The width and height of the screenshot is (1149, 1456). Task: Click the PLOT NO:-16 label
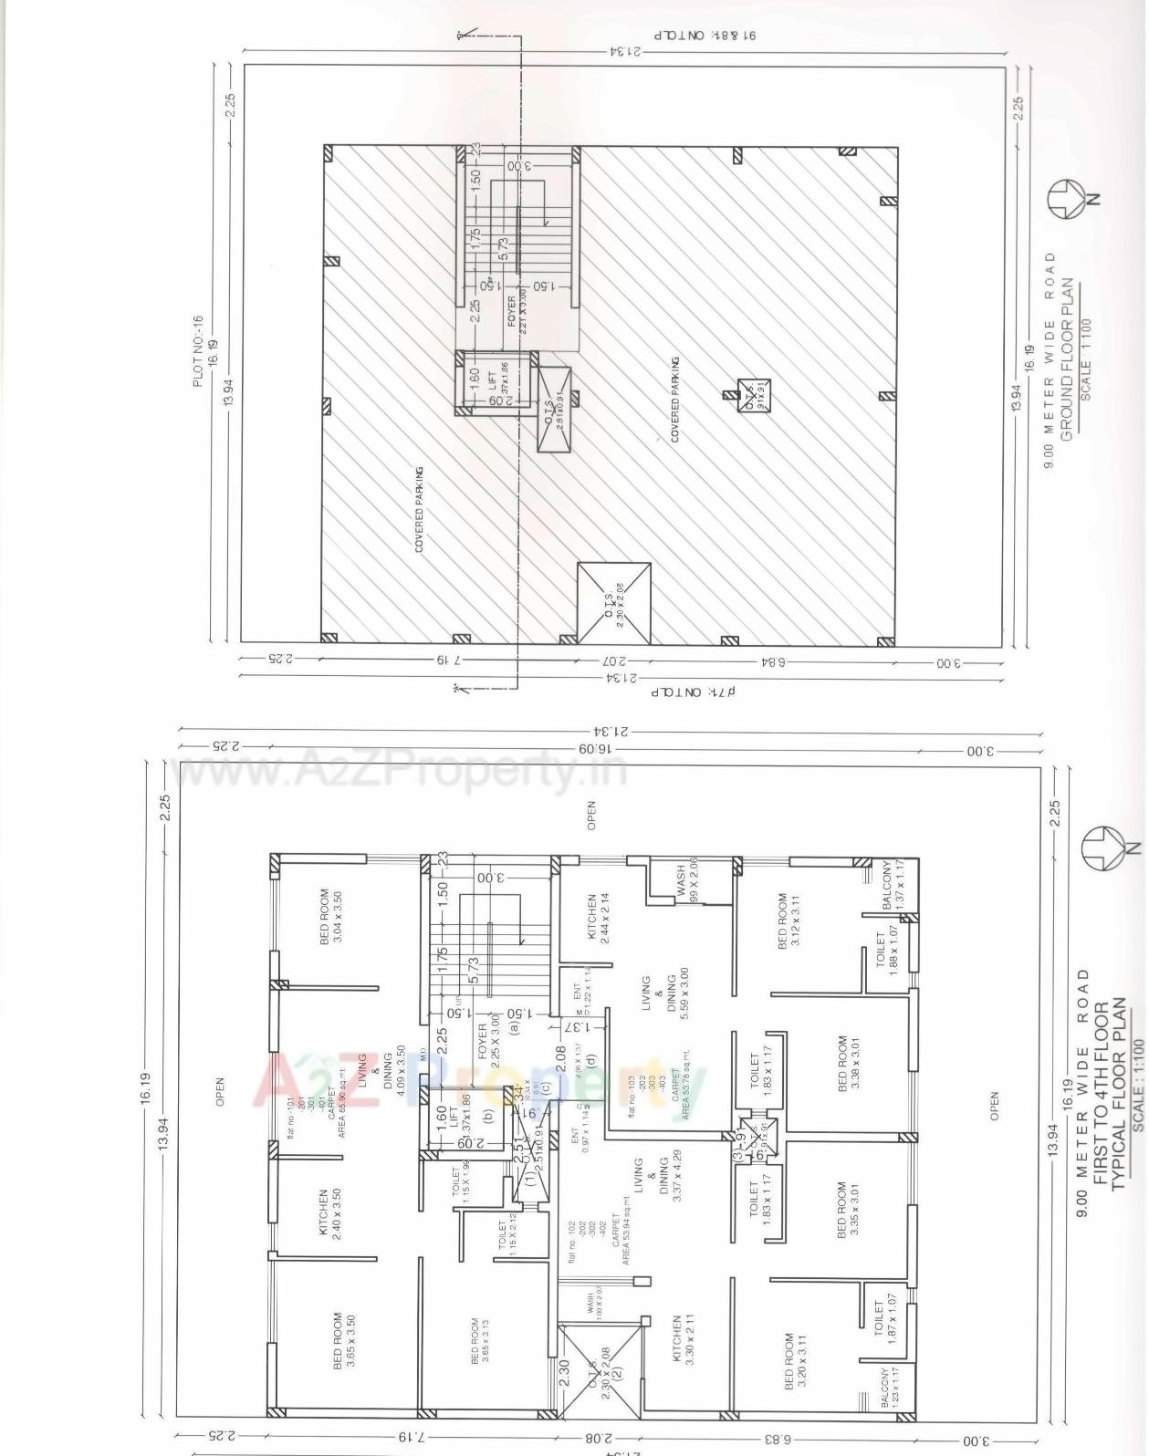(198, 351)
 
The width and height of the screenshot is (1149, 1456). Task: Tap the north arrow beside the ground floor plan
(1068, 198)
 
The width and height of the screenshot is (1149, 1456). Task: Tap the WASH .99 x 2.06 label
(686, 880)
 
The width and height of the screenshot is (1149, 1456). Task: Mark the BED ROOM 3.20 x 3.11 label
(796, 1361)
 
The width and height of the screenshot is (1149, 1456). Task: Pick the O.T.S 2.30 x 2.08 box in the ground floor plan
(613, 603)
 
